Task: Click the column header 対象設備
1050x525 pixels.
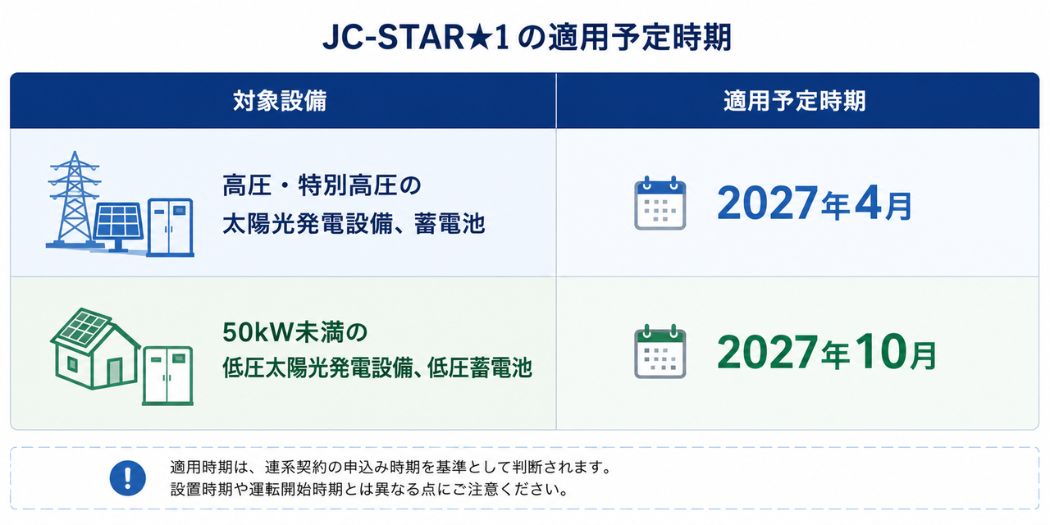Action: coord(280,101)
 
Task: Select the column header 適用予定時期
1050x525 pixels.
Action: coord(795,101)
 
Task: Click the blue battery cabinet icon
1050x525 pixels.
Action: coord(170,228)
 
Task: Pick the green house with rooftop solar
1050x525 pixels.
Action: coord(95,349)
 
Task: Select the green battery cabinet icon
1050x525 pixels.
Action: coord(168,376)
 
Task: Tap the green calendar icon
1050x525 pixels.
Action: coord(660,352)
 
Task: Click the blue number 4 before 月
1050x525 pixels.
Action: coord(868,203)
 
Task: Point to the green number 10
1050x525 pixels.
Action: coord(880,352)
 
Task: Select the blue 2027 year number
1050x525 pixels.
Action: coord(767,203)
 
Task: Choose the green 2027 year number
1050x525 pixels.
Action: coord(767,352)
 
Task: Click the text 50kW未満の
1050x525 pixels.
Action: coord(294,332)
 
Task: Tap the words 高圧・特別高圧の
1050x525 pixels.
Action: coord(322,185)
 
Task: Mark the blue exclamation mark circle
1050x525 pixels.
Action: coord(127,478)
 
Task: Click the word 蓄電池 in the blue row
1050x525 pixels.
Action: coord(449,224)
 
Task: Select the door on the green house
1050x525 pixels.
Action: coord(114,372)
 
